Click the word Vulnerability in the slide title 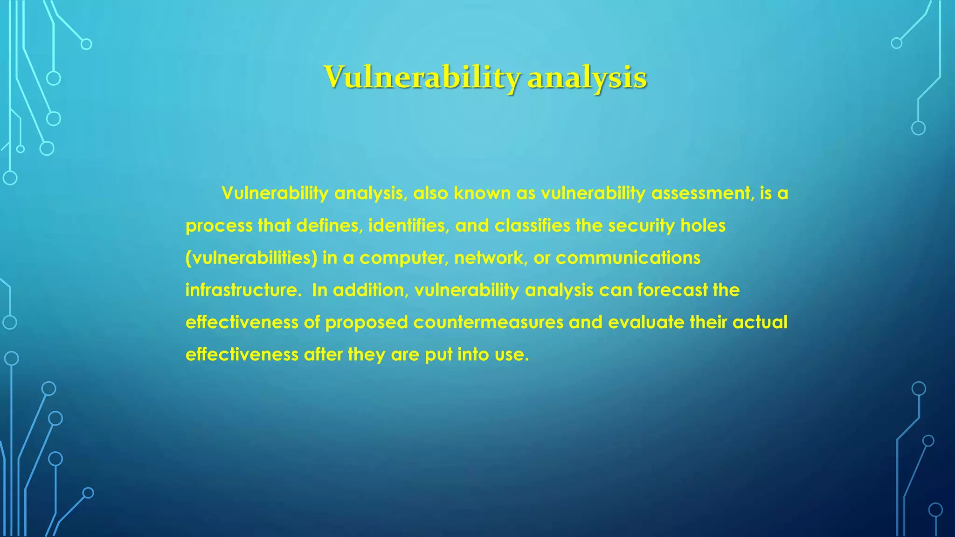coord(422,77)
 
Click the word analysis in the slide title coord(587,77)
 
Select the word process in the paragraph coord(219,226)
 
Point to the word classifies coord(532,226)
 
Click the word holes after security coord(703,226)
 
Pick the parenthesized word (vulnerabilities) coord(251,258)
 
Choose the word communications coord(628,258)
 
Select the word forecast coord(672,290)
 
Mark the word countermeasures coord(488,322)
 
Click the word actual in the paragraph coord(760,322)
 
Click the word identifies coord(409,226)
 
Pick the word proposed coord(367,323)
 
